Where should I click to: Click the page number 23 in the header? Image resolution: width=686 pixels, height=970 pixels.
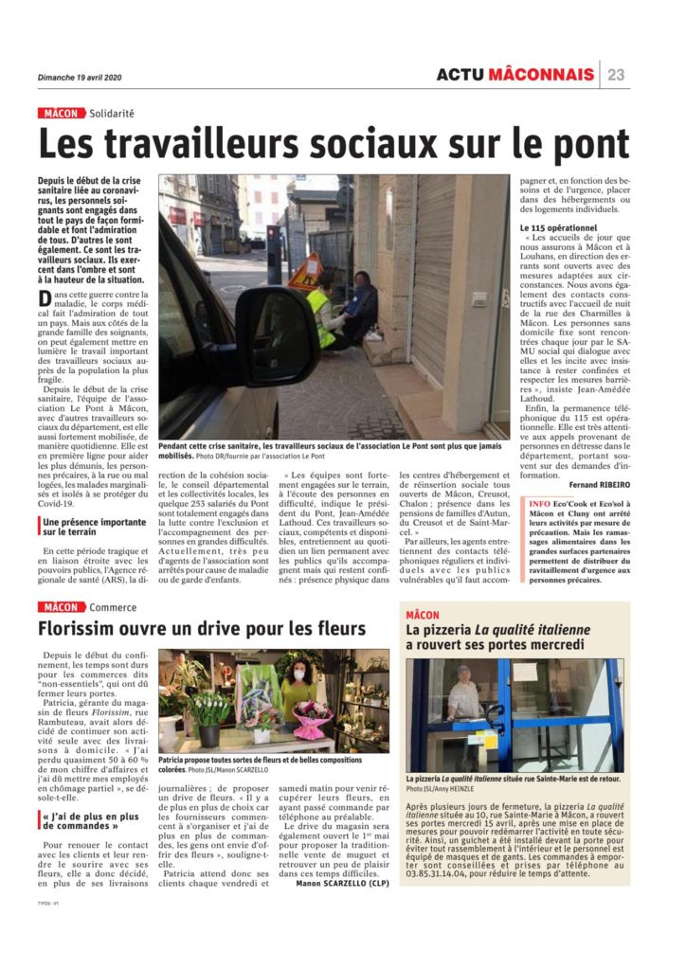pos(616,75)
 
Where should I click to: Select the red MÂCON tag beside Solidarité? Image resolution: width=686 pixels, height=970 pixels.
pos(61,114)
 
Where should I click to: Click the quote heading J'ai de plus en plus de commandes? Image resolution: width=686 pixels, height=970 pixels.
pos(90,818)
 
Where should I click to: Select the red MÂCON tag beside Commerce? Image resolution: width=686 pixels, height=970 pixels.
pos(61,606)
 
